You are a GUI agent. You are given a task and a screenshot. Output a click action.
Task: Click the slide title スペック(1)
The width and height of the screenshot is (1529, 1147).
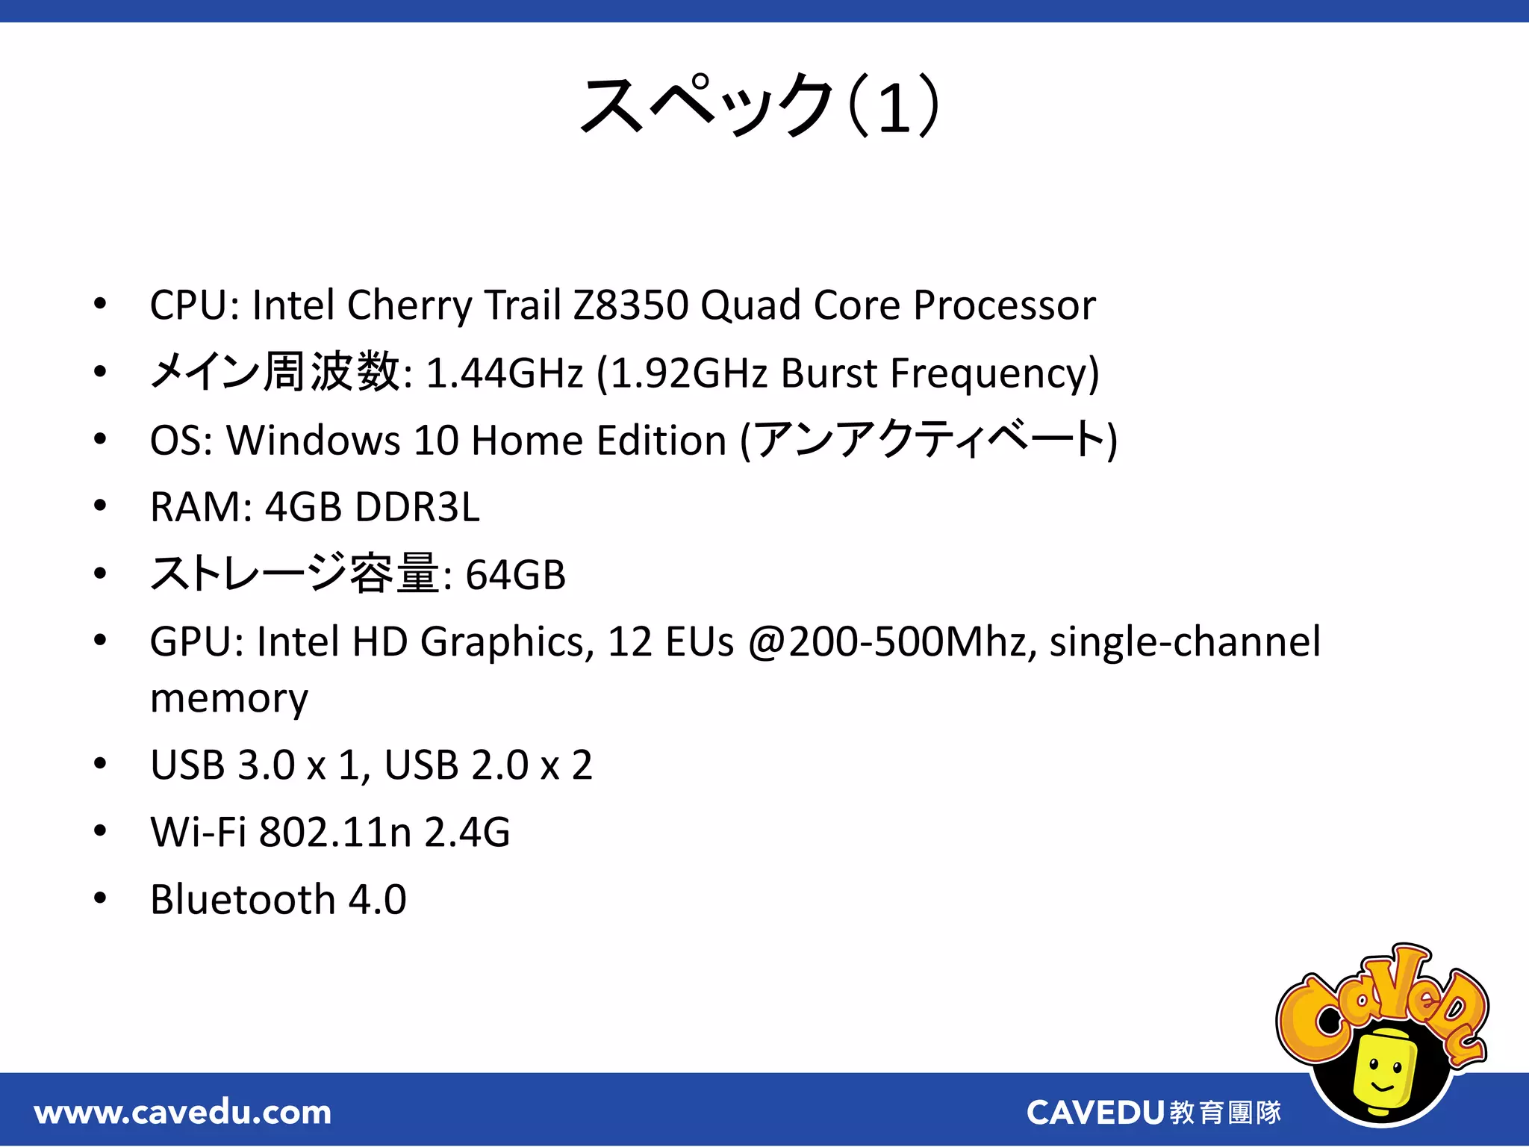pos(759,106)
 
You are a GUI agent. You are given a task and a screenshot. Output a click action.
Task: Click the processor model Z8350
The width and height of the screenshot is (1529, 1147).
pos(630,305)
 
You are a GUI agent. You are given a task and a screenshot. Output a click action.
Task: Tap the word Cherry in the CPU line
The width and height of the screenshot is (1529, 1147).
pos(409,305)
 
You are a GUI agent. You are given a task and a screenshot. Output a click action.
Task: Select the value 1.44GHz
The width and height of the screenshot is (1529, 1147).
pos(504,373)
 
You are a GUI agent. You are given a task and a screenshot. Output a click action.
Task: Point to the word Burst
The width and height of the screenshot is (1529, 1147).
pos(829,373)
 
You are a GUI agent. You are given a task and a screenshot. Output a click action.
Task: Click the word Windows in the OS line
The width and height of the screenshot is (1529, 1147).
pos(314,440)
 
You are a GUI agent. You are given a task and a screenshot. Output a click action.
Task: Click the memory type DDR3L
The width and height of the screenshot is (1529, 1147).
pos(417,507)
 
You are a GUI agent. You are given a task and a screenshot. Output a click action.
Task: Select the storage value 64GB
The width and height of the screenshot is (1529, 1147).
pos(515,575)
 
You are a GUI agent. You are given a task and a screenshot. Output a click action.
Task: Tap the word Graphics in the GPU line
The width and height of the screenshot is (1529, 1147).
pos(508,642)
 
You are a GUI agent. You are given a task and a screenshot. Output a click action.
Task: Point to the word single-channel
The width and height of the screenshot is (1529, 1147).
pos(1185,642)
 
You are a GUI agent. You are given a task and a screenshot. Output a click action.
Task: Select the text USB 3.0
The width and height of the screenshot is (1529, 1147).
pos(222,765)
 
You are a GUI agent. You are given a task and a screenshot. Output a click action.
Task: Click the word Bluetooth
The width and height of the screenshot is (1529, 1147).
pos(243,900)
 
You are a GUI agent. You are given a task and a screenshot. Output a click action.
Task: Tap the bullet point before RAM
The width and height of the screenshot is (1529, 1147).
pos(100,506)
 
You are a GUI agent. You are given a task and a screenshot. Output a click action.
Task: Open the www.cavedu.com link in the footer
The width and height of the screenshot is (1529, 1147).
pos(183,1113)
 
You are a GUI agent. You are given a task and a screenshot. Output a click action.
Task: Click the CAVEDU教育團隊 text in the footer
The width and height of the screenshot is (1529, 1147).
pos(1153,1113)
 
